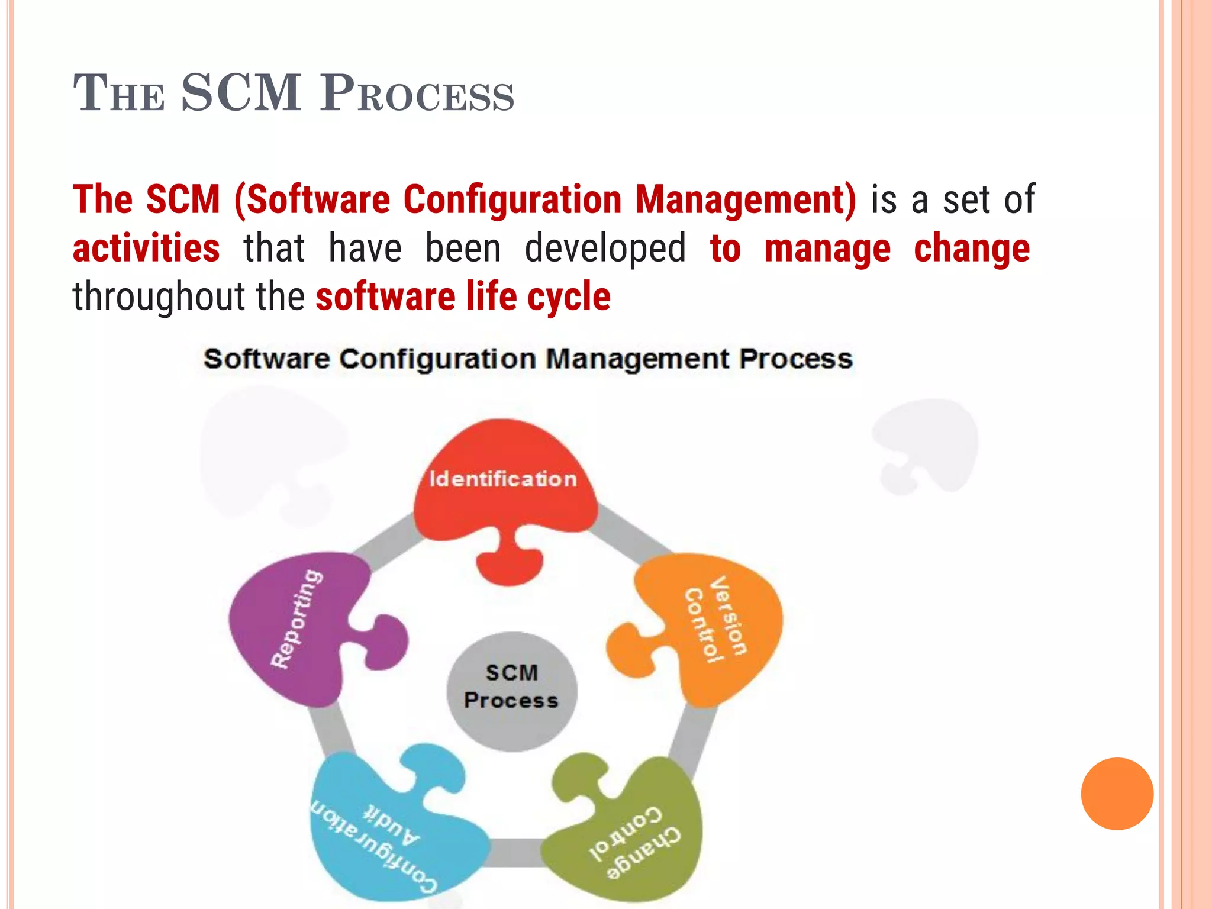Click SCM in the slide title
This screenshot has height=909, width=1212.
(x=241, y=93)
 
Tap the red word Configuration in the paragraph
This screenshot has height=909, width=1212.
(x=512, y=199)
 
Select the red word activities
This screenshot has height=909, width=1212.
(x=146, y=248)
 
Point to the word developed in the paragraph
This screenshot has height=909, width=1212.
(x=605, y=248)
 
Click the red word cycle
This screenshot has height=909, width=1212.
(x=569, y=296)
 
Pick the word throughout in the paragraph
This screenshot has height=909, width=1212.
(x=159, y=296)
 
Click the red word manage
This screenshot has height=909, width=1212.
(x=827, y=248)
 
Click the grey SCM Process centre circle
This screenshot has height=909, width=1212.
(x=511, y=691)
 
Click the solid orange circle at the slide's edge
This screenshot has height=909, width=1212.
(x=1117, y=794)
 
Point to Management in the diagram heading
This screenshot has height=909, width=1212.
(x=638, y=359)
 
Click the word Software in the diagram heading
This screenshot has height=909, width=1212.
(x=266, y=359)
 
